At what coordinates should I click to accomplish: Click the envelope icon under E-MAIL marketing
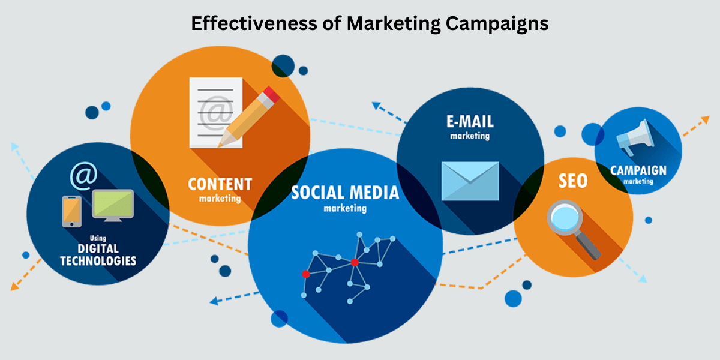click(x=470, y=181)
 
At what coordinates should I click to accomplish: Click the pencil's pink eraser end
click(x=271, y=95)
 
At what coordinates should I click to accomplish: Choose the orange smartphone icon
click(x=71, y=211)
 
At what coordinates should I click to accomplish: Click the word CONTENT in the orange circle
click(x=220, y=184)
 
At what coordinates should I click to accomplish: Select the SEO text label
click(x=573, y=181)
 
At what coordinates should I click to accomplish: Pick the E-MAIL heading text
click(x=470, y=121)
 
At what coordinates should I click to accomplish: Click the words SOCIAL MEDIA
click(x=345, y=193)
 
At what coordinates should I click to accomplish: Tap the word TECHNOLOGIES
click(x=98, y=261)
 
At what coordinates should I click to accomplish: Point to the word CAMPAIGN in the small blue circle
click(x=638, y=170)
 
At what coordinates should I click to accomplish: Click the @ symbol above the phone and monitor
click(x=83, y=174)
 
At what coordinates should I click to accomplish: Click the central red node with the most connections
click(x=355, y=262)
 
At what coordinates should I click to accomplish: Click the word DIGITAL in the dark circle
click(x=98, y=249)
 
